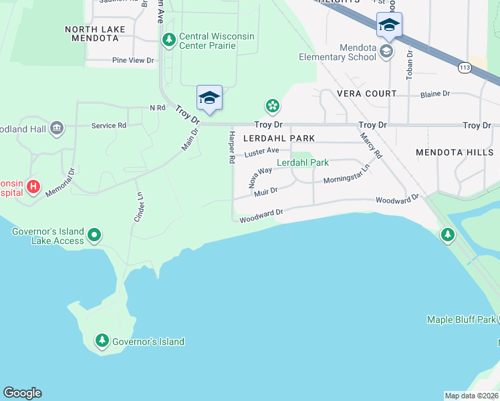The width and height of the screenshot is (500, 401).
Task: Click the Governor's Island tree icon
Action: pyautogui.click(x=102, y=341)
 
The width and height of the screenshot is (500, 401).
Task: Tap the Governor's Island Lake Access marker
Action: pyautogui.click(x=95, y=235)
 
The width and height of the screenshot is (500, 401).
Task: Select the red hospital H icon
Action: pyautogui.click(x=33, y=186)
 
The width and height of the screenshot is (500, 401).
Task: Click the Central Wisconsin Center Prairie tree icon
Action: pyautogui.click(x=169, y=39)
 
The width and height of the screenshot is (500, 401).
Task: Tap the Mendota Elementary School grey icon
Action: pyautogui.click(x=386, y=51)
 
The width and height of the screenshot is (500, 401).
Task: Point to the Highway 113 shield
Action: pyautogui.click(x=465, y=68)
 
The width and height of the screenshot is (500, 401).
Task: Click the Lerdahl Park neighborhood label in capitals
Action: pyautogui.click(x=279, y=138)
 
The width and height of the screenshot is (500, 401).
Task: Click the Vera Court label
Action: pyautogui.click(x=367, y=94)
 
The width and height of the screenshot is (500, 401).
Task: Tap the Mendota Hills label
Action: pyautogui.click(x=454, y=152)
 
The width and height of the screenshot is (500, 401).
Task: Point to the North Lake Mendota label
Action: pyautogui.click(x=92, y=33)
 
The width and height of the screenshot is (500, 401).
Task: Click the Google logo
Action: pyautogui.click(x=22, y=393)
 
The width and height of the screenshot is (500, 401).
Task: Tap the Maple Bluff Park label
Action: pyautogui.click(x=462, y=319)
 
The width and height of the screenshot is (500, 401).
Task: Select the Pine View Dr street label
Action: pyautogui.click(x=133, y=60)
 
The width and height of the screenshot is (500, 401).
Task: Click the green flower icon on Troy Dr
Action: pyautogui.click(x=272, y=105)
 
